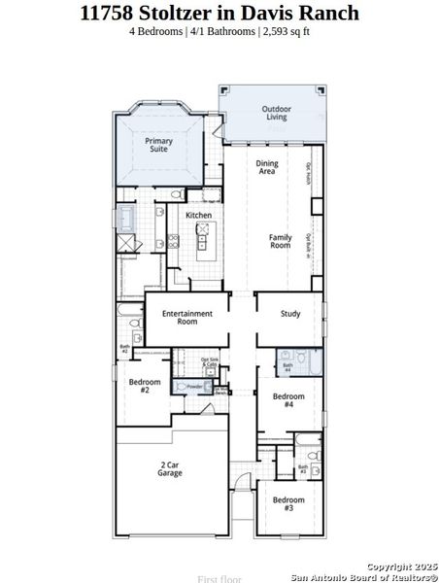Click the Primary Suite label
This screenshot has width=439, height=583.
159,146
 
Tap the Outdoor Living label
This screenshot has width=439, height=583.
275,113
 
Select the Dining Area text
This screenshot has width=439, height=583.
266,167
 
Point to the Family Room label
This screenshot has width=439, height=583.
280,241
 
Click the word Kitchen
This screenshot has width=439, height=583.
199,215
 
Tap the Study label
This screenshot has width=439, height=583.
290,314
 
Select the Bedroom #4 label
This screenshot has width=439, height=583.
288,400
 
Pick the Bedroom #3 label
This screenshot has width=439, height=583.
288,503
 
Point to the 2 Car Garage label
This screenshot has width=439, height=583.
171,469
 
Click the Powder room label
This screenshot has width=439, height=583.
193,386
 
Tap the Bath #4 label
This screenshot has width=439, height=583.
287,367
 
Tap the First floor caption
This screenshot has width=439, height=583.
219,579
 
